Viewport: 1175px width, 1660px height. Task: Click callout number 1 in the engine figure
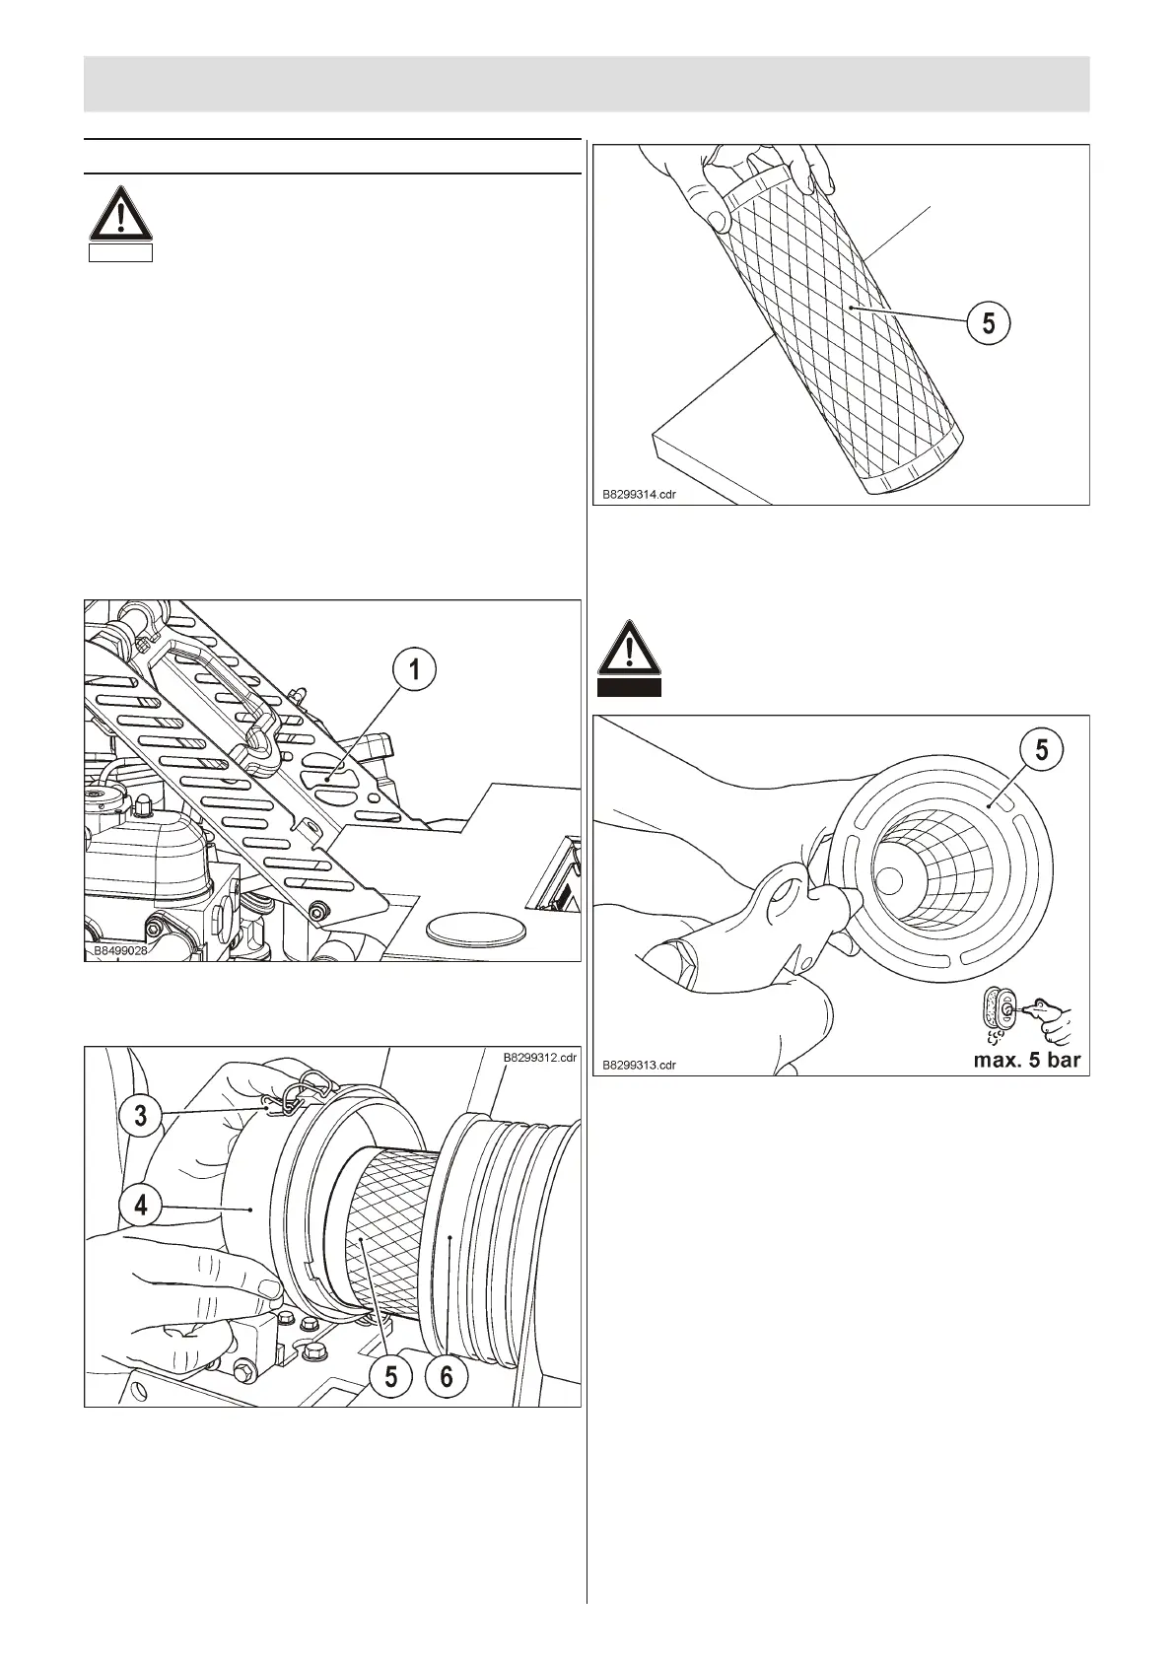coord(415,669)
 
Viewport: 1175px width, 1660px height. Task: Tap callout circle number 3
coord(142,1115)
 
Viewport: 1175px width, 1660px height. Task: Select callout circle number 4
coord(142,1205)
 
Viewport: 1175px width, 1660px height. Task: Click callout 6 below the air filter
coord(447,1375)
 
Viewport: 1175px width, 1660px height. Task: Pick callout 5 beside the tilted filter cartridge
coord(989,322)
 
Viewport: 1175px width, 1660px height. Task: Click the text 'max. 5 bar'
coord(1026,1061)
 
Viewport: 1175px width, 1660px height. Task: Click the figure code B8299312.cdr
coord(539,1058)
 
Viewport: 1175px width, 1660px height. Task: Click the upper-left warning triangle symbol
coord(120,214)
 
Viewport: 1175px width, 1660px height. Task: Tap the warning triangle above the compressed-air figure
coord(629,648)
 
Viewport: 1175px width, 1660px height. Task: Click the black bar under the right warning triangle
coord(629,687)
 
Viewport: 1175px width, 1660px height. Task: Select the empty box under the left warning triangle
coord(120,253)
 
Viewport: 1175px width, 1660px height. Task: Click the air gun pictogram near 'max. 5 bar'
coord(1025,1015)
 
